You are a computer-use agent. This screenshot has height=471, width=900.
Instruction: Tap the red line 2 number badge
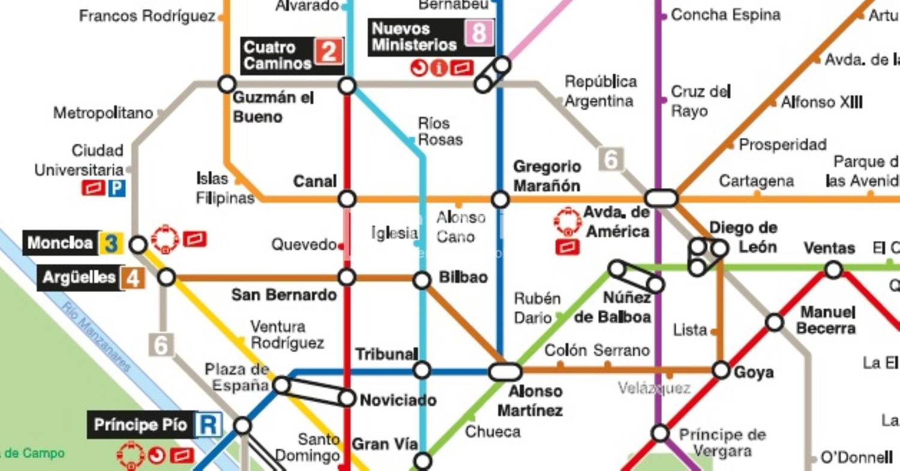(x=328, y=52)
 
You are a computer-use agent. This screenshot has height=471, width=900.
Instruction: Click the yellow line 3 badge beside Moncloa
(x=111, y=243)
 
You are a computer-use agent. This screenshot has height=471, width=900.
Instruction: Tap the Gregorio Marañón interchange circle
(x=500, y=200)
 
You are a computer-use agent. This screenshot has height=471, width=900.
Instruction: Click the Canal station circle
(x=347, y=199)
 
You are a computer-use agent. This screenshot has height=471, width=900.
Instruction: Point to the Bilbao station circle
(x=422, y=280)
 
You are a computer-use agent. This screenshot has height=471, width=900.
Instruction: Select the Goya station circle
(x=721, y=370)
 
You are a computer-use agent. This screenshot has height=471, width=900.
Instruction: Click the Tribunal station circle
(x=422, y=370)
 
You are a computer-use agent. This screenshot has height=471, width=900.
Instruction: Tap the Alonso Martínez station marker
(x=505, y=372)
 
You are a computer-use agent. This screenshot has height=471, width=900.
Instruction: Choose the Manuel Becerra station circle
(x=775, y=322)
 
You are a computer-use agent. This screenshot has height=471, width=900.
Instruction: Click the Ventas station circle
(x=833, y=270)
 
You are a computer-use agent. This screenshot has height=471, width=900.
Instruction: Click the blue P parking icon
(x=116, y=189)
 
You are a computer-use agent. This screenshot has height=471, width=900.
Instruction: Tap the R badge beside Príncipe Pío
(x=208, y=425)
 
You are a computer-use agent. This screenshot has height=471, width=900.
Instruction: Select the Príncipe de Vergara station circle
(x=660, y=433)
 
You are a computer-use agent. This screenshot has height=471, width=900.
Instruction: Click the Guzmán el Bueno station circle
(x=227, y=84)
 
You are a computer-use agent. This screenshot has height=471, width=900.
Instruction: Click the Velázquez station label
(x=654, y=388)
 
